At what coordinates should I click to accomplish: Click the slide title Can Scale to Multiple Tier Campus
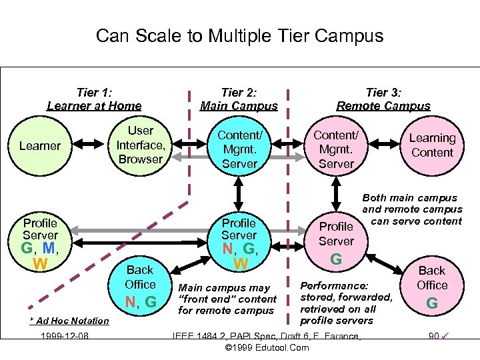pyautogui.click(x=239, y=35)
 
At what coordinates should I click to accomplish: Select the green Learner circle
pyautogui.click(x=40, y=145)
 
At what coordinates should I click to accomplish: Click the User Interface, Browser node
pyautogui.click(x=140, y=145)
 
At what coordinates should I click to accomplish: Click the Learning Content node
pyautogui.click(x=432, y=145)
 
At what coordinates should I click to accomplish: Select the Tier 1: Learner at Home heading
pyautogui.click(x=94, y=99)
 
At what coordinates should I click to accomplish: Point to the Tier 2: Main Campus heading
pyautogui.click(x=239, y=99)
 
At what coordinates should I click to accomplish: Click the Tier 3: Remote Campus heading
pyautogui.click(x=383, y=99)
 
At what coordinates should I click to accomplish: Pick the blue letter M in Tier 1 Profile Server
pyautogui.click(x=48, y=249)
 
